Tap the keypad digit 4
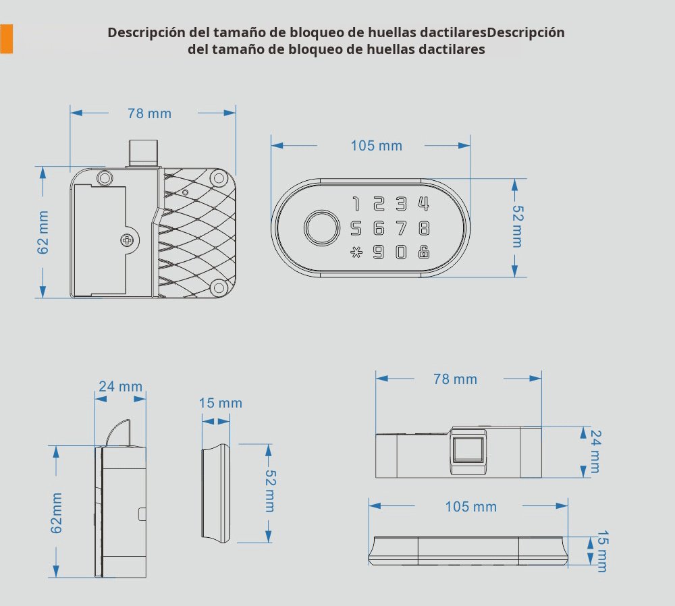pyautogui.click(x=423, y=203)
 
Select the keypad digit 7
pyautogui.click(x=402, y=227)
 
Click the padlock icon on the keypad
pyautogui.click(x=423, y=252)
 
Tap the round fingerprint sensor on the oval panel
pyautogui.click(x=321, y=227)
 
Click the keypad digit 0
pyautogui.click(x=402, y=252)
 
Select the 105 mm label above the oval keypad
pyautogui.click(x=376, y=146)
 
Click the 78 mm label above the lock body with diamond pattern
pyautogui.click(x=149, y=113)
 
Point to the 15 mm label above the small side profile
pyautogui.click(x=220, y=403)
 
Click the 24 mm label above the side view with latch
pyautogui.click(x=120, y=387)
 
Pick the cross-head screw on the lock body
pyautogui.click(x=128, y=239)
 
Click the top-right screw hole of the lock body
pyautogui.click(x=217, y=178)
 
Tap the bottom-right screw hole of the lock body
pyautogui.click(x=217, y=287)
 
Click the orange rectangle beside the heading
pyautogui.click(x=6, y=38)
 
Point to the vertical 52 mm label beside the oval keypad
pyautogui.click(x=516, y=226)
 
